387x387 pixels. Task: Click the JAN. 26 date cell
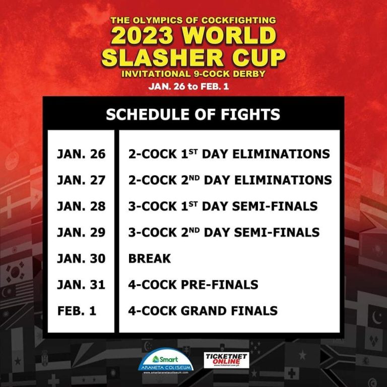(81, 154)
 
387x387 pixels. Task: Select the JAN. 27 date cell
(81, 180)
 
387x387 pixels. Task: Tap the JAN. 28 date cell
(81, 206)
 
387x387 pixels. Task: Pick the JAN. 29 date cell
(81, 232)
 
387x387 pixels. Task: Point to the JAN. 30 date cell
(81, 259)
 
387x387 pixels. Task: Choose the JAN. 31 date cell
(81, 284)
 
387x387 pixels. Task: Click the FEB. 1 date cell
(77, 310)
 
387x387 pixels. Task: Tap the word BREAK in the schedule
(150, 259)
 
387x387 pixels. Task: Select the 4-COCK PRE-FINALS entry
(193, 284)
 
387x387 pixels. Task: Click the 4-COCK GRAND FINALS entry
(203, 310)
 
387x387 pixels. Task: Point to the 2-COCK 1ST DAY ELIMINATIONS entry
(229, 154)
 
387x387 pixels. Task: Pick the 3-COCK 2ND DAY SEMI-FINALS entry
(224, 232)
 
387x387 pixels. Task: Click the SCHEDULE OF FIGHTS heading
(193, 114)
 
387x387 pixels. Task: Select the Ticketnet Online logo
(226, 360)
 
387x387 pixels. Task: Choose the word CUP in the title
(256, 57)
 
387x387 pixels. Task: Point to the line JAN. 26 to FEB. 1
(193, 86)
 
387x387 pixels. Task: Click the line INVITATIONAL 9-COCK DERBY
(193, 74)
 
